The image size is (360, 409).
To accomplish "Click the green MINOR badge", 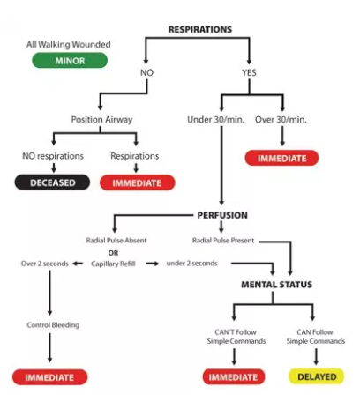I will point(69,61).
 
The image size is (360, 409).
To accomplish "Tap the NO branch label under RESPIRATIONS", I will point(146,72).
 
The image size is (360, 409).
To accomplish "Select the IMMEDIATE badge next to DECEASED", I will point(137,182).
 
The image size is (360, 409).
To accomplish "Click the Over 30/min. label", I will point(281,119).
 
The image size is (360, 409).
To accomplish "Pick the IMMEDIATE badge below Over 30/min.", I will point(281,158).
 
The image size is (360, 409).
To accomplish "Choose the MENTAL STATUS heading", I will point(277,286).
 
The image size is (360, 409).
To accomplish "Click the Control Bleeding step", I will point(53,325).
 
